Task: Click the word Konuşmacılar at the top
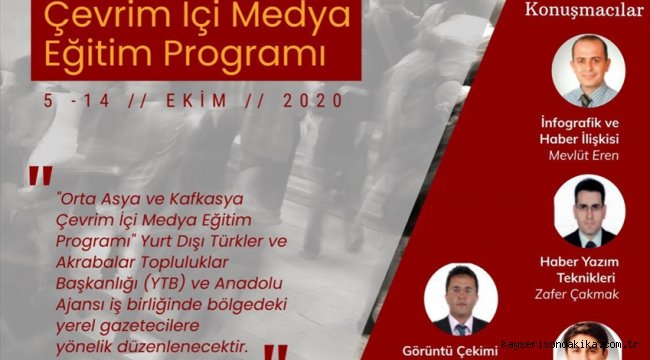coord(584,10)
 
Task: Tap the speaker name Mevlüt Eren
coord(584,156)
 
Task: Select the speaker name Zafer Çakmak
coord(577,294)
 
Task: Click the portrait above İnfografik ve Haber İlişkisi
coord(589,71)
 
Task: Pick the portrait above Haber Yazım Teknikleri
coord(589,211)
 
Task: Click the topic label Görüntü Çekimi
coord(450,351)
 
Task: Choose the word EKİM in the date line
coord(197,101)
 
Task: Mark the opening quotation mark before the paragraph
coord(41,175)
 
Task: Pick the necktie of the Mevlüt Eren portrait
coord(586,100)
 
